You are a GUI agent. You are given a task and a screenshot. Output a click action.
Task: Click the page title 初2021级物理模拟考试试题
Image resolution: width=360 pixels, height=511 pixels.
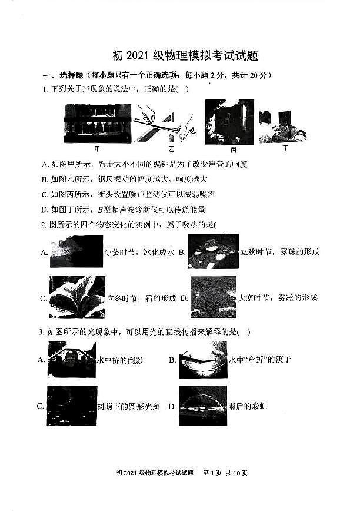[x=185, y=57]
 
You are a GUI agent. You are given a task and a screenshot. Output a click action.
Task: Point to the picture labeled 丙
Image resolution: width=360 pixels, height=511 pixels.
[x=229, y=121]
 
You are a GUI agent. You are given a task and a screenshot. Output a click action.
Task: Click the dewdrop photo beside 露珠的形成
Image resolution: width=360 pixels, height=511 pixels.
[x=213, y=251]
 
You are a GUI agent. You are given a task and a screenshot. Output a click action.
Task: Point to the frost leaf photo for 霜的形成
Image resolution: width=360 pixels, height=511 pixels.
[x=77, y=297]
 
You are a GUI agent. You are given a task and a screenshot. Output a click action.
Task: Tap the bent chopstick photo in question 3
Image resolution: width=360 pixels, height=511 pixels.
[x=202, y=360]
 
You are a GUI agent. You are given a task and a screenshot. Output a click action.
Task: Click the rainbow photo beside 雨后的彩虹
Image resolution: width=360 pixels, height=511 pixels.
[x=202, y=406]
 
